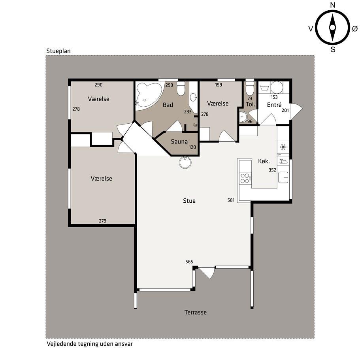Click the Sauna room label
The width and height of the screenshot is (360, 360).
(179, 141)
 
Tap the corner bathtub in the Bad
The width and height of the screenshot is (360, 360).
(148, 96)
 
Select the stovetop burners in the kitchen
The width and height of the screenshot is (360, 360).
(245, 178)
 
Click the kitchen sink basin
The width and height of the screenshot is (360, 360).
(283, 177)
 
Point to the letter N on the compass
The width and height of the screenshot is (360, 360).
(333, 5)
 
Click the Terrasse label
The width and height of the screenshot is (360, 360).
(195, 312)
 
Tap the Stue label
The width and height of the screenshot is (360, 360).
(189, 201)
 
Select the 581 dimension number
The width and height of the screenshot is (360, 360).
(231, 200)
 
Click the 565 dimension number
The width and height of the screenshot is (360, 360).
(189, 262)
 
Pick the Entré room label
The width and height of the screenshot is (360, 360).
(274, 105)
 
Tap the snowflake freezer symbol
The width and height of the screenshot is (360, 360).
(283, 147)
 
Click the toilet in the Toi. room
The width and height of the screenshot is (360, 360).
(250, 89)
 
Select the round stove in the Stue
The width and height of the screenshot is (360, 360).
(185, 162)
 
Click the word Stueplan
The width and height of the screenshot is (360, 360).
(58, 51)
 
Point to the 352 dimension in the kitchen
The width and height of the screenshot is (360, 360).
(272, 170)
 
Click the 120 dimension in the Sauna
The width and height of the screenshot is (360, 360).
(192, 147)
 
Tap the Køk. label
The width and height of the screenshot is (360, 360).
(264, 161)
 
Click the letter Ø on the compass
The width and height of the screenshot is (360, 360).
(355, 28)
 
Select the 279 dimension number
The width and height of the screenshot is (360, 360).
(102, 221)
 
